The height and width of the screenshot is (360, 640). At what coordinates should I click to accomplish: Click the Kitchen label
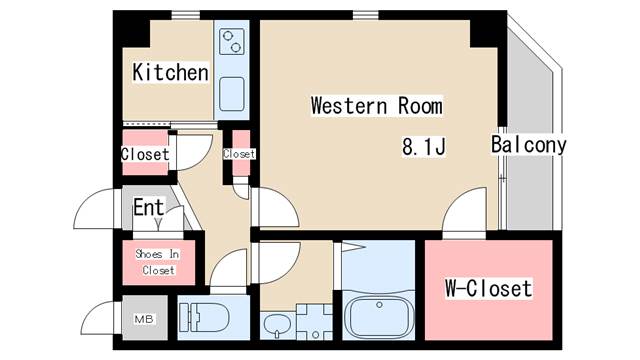click(x=170, y=73)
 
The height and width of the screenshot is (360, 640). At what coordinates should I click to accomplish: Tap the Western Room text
click(x=376, y=105)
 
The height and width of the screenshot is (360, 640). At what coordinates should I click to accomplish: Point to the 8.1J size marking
click(x=423, y=146)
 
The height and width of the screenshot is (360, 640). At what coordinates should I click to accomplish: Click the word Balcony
click(x=528, y=145)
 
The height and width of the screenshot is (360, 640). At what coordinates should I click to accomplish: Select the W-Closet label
click(x=488, y=289)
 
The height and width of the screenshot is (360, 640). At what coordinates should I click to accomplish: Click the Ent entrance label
click(x=149, y=209)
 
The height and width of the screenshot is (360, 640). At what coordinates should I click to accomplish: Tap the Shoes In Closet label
click(x=158, y=262)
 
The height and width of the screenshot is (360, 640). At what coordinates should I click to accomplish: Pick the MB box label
click(x=145, y=320)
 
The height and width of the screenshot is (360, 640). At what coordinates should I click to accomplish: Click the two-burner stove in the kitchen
click(x=233, y=42)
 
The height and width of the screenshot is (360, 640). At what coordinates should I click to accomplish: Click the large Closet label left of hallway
click(x=145, y=155)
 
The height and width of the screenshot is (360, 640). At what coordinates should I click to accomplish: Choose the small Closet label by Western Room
click(x=240, y=154)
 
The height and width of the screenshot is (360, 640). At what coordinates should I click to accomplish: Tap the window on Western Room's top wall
click(x=365, y=14)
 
